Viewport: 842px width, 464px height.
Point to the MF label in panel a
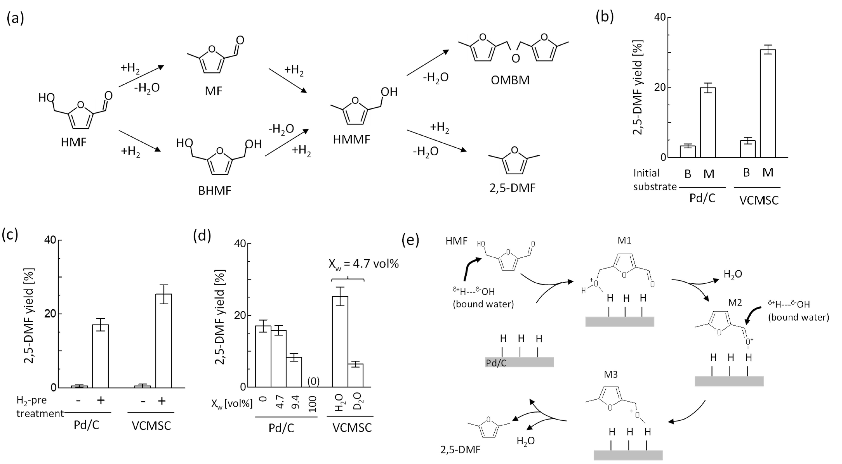[x=214, y=91]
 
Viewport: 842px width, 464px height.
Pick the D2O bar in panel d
[x=355, y=375]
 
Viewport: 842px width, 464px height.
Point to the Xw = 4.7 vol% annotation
[x=364, y=264]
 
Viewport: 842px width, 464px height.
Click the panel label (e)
[x=411, y=241]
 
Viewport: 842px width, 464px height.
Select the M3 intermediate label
[x=611, y=374]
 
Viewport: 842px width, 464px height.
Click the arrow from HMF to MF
[x=141, y=76]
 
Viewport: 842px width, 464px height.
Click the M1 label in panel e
[x=624, y=241]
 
